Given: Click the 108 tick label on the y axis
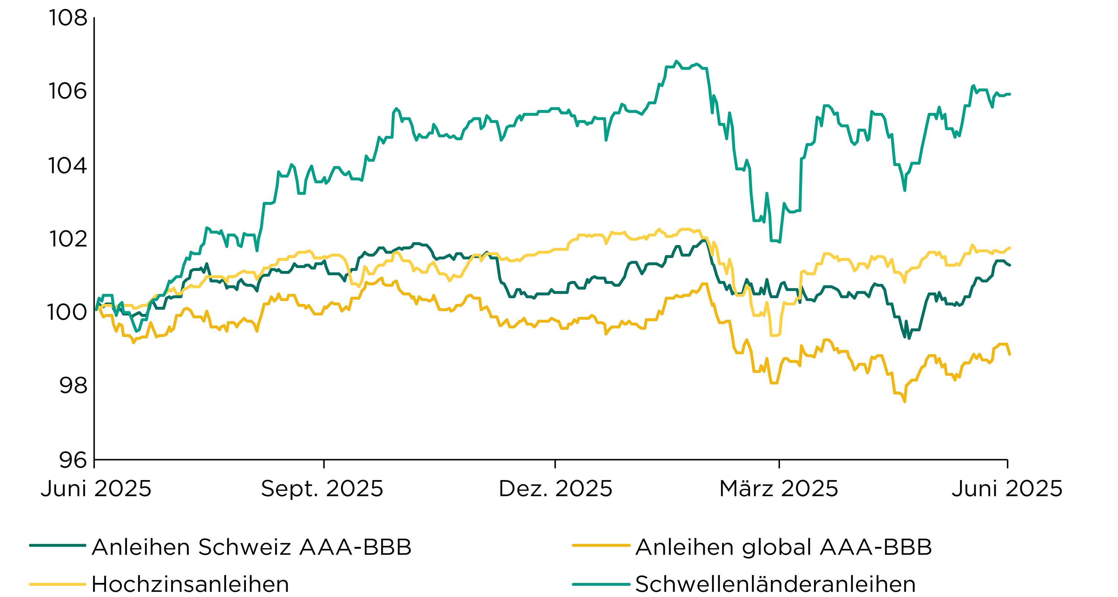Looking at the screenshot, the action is (x=68, y=18).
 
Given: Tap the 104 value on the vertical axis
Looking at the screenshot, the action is (x=67, y=165).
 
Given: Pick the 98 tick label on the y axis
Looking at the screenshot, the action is (x=73, y=385).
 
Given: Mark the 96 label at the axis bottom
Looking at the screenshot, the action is (x=73, y=459).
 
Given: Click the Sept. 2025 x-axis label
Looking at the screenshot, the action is (x=322, y=489).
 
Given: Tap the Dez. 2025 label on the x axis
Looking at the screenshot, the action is (x=556, y=489).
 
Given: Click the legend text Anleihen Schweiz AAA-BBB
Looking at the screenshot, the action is (x=252, y=547).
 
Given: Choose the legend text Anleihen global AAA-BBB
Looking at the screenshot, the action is (x=784, y=547).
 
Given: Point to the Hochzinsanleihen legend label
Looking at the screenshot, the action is (x=190, y=584).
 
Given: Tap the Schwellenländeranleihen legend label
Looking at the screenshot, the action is (x=776, y=584).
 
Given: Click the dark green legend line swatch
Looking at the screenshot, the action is (x=58, y=545).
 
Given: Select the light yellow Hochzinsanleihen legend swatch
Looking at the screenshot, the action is (x=58, y=584).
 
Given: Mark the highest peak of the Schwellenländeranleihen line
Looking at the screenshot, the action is (x=676, y=61).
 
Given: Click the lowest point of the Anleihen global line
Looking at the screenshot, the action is (x=905, y=402).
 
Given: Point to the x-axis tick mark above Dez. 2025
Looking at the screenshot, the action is (x=555, y=463).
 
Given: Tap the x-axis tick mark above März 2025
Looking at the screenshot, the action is (x=779, y=463).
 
